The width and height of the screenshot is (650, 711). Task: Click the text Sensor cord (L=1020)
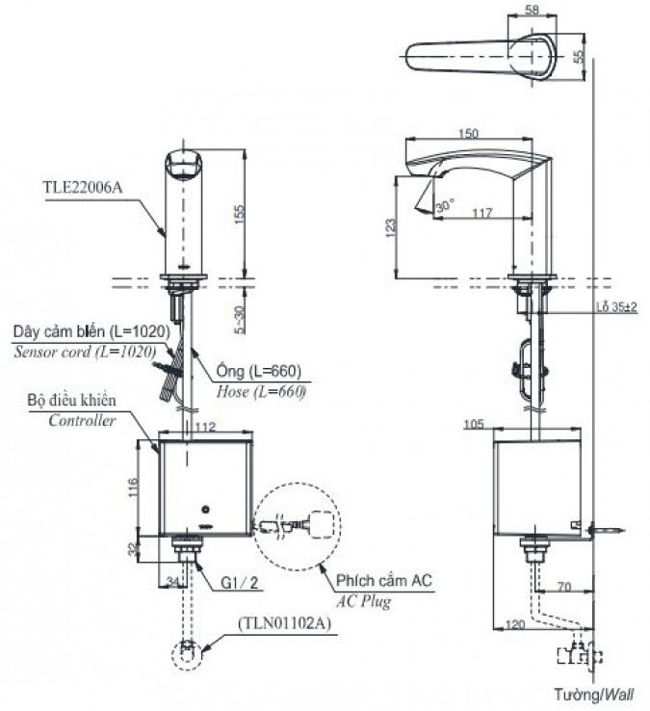(x=84, y=352)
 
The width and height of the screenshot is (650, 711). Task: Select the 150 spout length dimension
(x=471, y=135)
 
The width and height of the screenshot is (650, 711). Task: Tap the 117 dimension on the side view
(x=483, y=212)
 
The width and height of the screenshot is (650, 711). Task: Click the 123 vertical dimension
(x=390, y=226)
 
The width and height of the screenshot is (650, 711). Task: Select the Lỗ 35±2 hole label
(x=617, y=306)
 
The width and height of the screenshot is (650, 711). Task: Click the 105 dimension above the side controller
(x=500, y=423)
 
